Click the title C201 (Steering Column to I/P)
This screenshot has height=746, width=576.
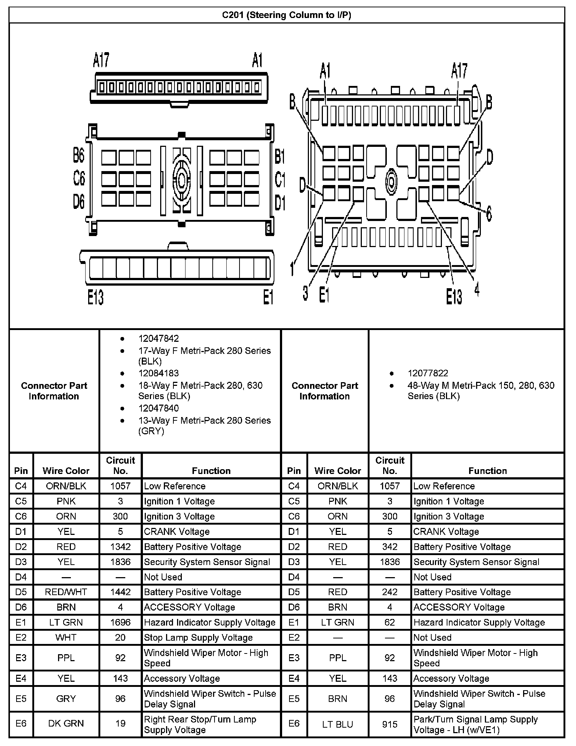287,15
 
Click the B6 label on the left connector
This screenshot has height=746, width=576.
79,156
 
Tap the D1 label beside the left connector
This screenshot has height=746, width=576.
280,203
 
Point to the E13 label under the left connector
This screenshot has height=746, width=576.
95,297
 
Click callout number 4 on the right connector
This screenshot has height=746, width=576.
476,290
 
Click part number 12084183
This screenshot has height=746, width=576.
158,373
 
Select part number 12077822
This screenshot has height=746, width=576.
428,373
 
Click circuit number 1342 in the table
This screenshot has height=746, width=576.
120,547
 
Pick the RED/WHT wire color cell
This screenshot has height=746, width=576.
66,592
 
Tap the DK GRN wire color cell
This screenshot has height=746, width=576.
66,723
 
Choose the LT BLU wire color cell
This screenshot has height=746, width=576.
338,724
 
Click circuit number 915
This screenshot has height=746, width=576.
390,724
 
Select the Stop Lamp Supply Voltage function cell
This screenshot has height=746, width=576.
198,638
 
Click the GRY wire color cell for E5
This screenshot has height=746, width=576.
66,699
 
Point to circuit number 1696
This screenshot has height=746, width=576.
120,622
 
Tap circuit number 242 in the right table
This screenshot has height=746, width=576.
390,592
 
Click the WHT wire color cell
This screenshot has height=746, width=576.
66,638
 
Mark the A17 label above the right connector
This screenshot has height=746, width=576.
459,70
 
